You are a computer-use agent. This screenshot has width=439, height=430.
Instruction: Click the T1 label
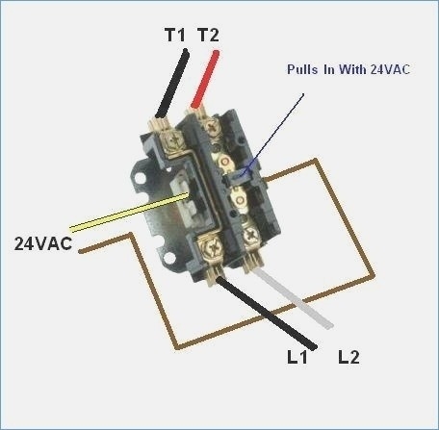tap(174, 36)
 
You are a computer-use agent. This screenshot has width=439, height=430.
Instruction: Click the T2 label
tap(207, 36)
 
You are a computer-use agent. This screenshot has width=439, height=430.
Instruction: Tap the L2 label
tap(349, 358)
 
